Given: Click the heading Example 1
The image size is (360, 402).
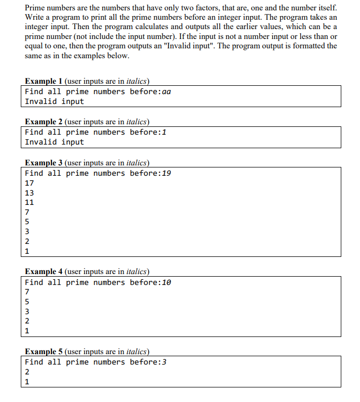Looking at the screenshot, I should pos(44,81).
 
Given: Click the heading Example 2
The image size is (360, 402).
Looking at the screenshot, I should pos(44,122).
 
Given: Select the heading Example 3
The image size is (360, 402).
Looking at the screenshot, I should pos(44,162).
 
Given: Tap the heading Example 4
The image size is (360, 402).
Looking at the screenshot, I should pos(44,271).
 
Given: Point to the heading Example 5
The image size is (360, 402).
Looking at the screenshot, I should pos(44,351).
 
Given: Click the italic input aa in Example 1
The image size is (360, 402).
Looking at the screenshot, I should pos(167,92).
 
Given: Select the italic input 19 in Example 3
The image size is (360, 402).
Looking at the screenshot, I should pos(167,173).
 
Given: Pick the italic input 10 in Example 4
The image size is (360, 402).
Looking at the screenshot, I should pos(167,282).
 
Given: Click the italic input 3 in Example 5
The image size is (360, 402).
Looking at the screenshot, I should pos(165,362).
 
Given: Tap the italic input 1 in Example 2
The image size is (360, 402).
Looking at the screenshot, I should pos(165,132).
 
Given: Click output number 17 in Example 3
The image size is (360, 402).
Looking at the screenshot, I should pos(30,183).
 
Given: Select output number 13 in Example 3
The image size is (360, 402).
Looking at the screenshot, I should pos(30,193).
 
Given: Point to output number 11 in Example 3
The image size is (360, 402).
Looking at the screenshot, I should pos(30,202).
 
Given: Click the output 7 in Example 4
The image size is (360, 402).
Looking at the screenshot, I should pos(28,292).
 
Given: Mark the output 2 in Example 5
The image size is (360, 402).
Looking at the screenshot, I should pos(28,372).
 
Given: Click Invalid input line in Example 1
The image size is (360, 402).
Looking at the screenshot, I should pos(54,101).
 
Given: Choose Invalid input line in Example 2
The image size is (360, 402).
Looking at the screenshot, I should pos(54,142).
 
